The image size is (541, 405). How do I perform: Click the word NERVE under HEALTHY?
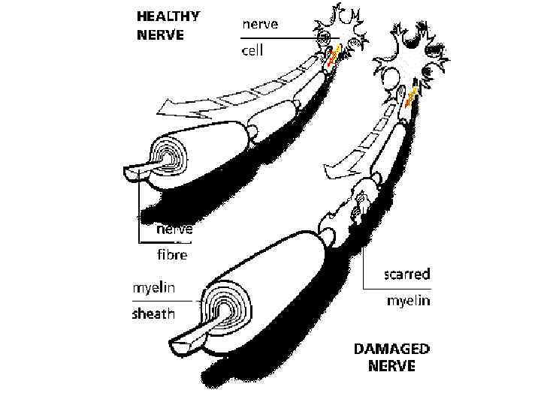click(x=161, y=34)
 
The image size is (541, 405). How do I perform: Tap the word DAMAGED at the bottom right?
click(x=392, y=349)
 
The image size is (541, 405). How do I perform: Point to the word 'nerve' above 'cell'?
click(x=260, y=24)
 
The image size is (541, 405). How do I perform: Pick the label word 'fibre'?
click(x=171, y=255)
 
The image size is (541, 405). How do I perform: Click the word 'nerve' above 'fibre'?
click(x=174, y=229)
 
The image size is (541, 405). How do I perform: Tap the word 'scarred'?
click(x=407, y=274)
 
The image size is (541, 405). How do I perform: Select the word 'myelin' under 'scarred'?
click(x=408, y=301)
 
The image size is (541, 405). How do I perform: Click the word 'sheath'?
click(x=153, y=313)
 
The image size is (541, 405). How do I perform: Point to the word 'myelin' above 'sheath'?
click(x=155, y=287)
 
